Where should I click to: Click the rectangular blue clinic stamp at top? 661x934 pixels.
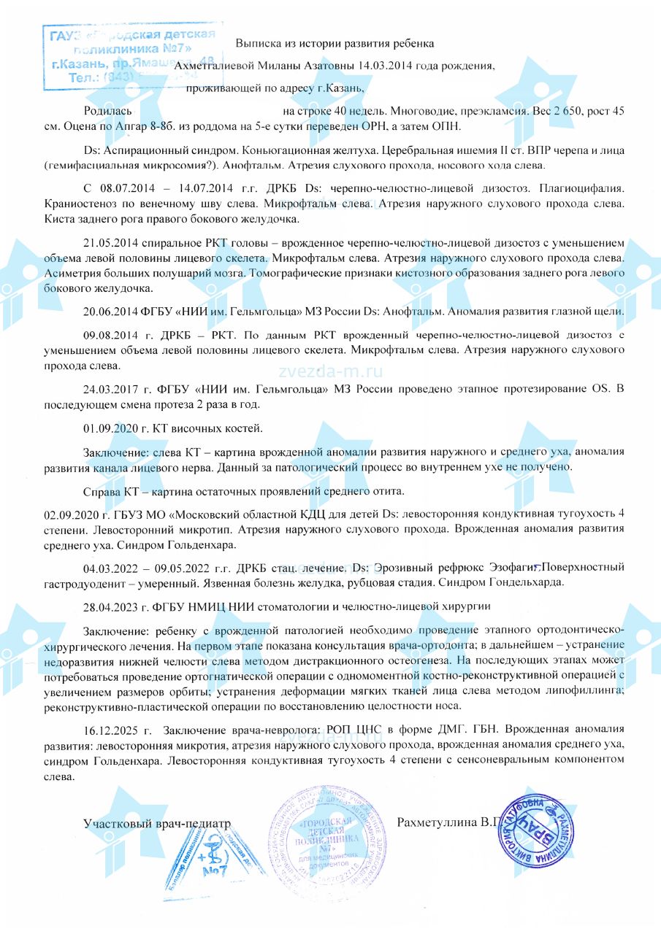click(131, 55)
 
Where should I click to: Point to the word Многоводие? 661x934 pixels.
click(421, 112)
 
